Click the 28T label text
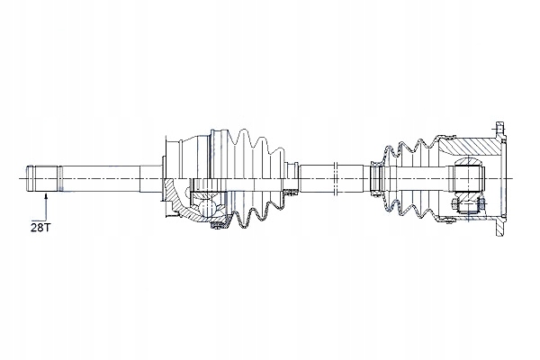pyautogui.click(x=39, y=228)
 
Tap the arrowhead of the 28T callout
pyautogui.click(x=46, y=195)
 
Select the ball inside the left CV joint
pyautogui.click(x=206, y=207)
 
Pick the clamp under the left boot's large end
pyautogui.click(x=219, y=225)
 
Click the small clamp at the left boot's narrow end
pyautogui.click(x=292, y=167)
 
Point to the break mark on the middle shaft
pyautogui.click(x=337, y=179)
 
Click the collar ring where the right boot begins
pyautogui.click(x=375, y=178)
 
